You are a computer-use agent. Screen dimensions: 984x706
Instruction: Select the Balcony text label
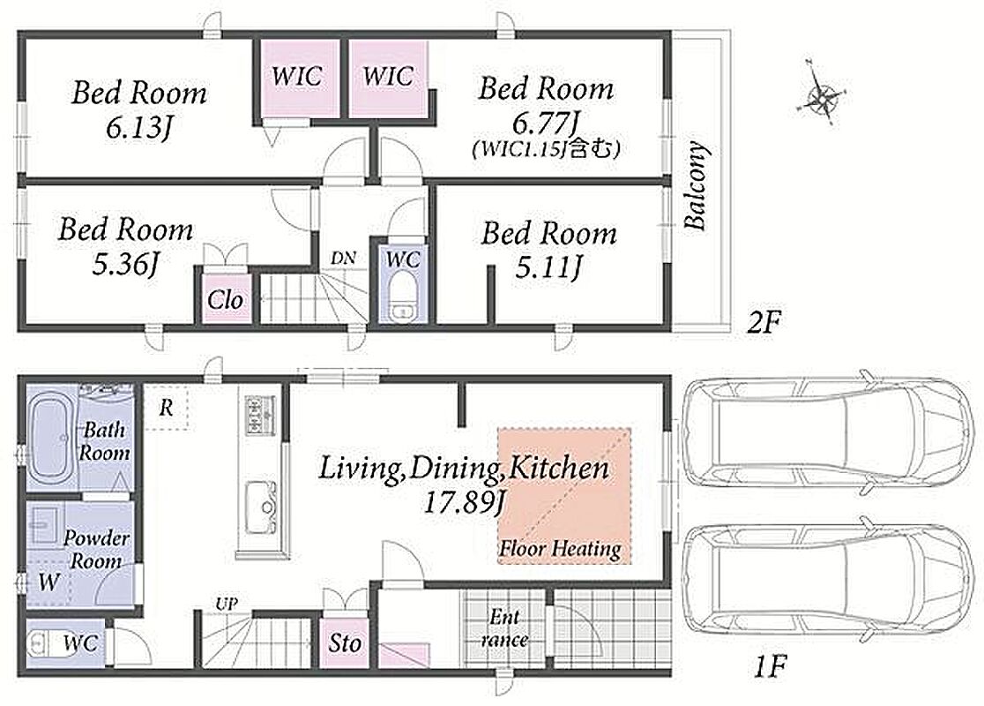click(696, 186)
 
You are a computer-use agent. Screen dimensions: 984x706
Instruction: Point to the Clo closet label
click(226, 300)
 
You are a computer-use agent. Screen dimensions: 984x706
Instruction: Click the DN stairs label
click(343, 258)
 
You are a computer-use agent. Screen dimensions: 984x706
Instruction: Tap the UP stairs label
click(227, 605)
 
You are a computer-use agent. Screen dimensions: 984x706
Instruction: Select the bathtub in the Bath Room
click(52, 437)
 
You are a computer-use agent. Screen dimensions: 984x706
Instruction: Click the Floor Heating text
click(560, 549)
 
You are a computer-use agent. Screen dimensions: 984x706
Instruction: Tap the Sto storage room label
click(345, 642)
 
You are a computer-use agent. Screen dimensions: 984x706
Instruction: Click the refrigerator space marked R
click(167, 409)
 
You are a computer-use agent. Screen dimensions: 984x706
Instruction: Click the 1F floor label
click(769, 667)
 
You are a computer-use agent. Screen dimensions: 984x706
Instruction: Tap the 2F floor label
click(763, 323)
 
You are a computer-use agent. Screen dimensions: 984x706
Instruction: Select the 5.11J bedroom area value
click(548, 269)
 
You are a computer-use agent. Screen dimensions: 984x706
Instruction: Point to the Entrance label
click(504, 628)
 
